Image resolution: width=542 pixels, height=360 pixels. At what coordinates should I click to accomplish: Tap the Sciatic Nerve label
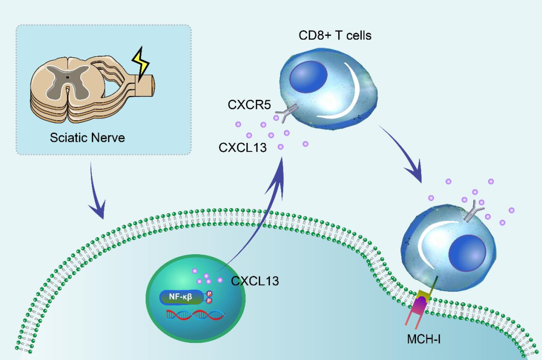(87, 137)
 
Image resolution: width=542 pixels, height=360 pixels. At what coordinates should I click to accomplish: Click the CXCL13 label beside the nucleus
(255, 280)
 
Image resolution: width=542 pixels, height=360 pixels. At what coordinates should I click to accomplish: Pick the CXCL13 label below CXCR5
(243, 147)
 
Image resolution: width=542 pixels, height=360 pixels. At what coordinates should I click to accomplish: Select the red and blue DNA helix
(195, 315)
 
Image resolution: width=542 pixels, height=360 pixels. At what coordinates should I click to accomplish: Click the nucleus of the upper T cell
(309, 77)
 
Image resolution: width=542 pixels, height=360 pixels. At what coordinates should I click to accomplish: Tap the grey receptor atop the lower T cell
(472, 213)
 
